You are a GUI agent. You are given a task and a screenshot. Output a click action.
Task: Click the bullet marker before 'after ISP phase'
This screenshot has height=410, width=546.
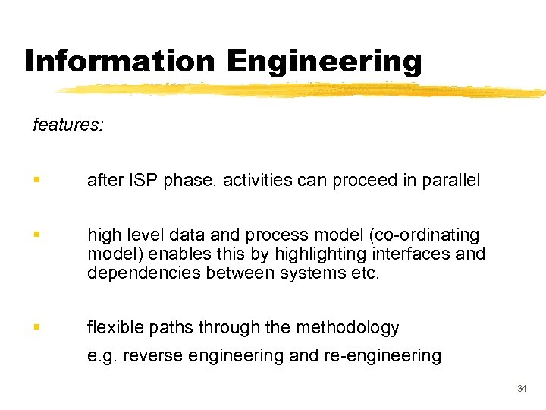pyautogui.click(x=36, y=181)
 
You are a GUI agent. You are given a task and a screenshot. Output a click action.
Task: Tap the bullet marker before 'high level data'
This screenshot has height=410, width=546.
pyautogui.click(x=36, y=235)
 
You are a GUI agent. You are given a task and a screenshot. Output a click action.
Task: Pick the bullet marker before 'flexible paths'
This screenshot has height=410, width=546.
pyautogui.click(x=36, y=328)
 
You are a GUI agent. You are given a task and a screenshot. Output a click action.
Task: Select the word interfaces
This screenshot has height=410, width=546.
pyautogui.click(x=416, y=254)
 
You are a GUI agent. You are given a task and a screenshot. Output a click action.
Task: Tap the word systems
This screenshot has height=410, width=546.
pyautogui.click(x=308, y=273)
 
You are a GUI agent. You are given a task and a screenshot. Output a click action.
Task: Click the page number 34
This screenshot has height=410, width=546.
pyautogui.click(x=521, y=389)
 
